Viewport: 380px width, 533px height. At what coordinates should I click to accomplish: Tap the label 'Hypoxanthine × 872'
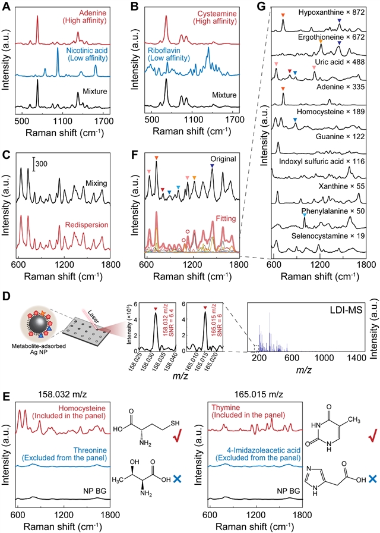pos(331,12)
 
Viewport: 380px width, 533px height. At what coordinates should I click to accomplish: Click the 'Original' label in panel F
pos(223,159)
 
